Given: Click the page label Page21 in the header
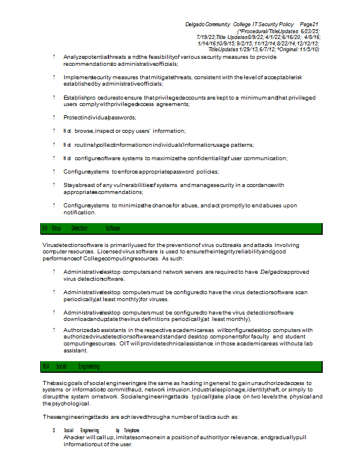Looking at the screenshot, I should (309, 24).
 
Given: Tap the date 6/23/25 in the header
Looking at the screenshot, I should (310, 30).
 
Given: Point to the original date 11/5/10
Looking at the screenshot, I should (308, 50).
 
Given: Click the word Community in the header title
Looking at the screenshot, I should (218, 24).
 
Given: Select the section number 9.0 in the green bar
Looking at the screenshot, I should (45, 228).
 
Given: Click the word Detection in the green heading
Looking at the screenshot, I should (79, 228).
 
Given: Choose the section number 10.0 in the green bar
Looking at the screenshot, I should (45, 366).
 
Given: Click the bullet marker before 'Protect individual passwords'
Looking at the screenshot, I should (54, 118).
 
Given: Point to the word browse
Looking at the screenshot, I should (84, 131).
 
